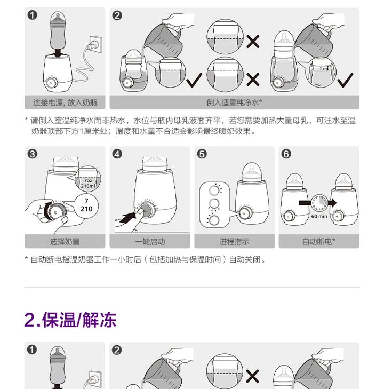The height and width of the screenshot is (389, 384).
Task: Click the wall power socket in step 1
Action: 95,44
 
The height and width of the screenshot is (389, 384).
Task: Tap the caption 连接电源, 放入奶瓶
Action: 65,102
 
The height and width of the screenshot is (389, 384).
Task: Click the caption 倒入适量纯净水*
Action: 234,102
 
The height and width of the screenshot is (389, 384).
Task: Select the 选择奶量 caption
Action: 65,241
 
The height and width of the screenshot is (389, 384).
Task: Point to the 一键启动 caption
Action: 150,241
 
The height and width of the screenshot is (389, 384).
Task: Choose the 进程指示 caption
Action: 234,241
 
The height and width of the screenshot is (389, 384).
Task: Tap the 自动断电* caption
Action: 319,241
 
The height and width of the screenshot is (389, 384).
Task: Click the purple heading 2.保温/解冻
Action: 70,320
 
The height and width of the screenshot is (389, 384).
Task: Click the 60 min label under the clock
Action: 319,216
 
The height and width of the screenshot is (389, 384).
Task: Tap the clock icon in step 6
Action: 319,202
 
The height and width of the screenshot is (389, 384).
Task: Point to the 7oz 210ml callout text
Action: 88,183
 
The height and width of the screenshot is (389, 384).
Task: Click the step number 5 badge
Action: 202,154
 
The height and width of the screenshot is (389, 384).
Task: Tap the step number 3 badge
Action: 32,154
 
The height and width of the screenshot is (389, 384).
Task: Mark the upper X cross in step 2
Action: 253,41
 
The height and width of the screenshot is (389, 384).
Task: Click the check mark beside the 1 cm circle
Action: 345,80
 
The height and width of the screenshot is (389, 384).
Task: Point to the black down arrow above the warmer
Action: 58,53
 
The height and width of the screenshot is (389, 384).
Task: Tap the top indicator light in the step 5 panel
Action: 215,190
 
